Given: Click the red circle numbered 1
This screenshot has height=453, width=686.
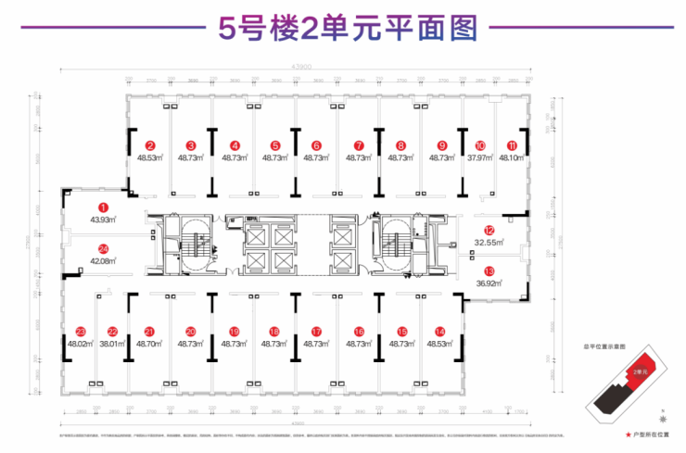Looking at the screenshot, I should coord(104,208).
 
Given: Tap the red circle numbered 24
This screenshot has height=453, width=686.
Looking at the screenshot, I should coord(104,248).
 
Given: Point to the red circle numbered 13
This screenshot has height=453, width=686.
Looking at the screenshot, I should coord(489,270).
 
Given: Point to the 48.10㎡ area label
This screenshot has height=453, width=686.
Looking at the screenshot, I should coord(512,157).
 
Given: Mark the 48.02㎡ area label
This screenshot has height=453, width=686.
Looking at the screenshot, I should coord(81,343).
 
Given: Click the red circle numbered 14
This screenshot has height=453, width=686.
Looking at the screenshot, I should coord(440,331).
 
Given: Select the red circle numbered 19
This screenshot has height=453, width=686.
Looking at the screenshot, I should coord(235,331).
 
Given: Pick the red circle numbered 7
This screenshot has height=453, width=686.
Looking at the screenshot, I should coord(358,145).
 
